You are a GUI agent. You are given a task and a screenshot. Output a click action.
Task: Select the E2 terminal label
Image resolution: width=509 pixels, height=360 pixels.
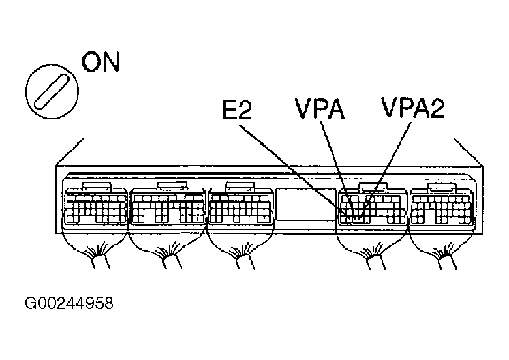point(236,110)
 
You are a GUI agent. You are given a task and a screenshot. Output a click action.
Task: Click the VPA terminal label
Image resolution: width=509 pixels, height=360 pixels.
point(318,109)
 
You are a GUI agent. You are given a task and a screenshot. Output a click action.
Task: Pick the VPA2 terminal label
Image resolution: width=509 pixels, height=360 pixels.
point(412,109)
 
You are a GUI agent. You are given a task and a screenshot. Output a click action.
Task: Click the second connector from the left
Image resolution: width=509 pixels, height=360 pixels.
point(167,205)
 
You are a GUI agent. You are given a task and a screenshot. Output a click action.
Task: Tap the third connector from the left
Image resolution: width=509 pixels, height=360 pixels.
point(241,205)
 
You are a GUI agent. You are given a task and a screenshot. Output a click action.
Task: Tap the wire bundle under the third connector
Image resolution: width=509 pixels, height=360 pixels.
point(241,258)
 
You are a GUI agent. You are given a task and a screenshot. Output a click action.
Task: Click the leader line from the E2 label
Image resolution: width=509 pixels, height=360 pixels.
point(293,164)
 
